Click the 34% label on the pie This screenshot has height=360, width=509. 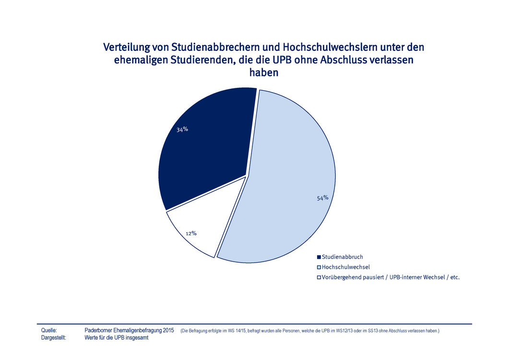pyautogui.click(x=182, y=129)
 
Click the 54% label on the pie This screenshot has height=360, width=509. pyautogui.click(x=322, y=198)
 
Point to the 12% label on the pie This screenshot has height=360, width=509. pyautogui.click(x=191, y=233)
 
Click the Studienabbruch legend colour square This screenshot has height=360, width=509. pyautogui.click(x=319, y=257)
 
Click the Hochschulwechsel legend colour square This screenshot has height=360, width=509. pyautogui.click(x=319, y=267)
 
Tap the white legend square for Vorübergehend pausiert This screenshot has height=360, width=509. pyautogui.click(x=319, y=277)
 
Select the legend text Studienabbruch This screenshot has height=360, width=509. pyautogui.click(x=343, y=257)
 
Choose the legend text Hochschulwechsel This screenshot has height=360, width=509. pyautogui.click(x=346, y=267)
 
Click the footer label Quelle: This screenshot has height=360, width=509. pyautogui.click(x=49, y=331)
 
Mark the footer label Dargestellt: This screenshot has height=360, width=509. pyautogui.click(x=54, y=338)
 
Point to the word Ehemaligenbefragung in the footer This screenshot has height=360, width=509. pyautogui.click(x=135, y=331)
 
